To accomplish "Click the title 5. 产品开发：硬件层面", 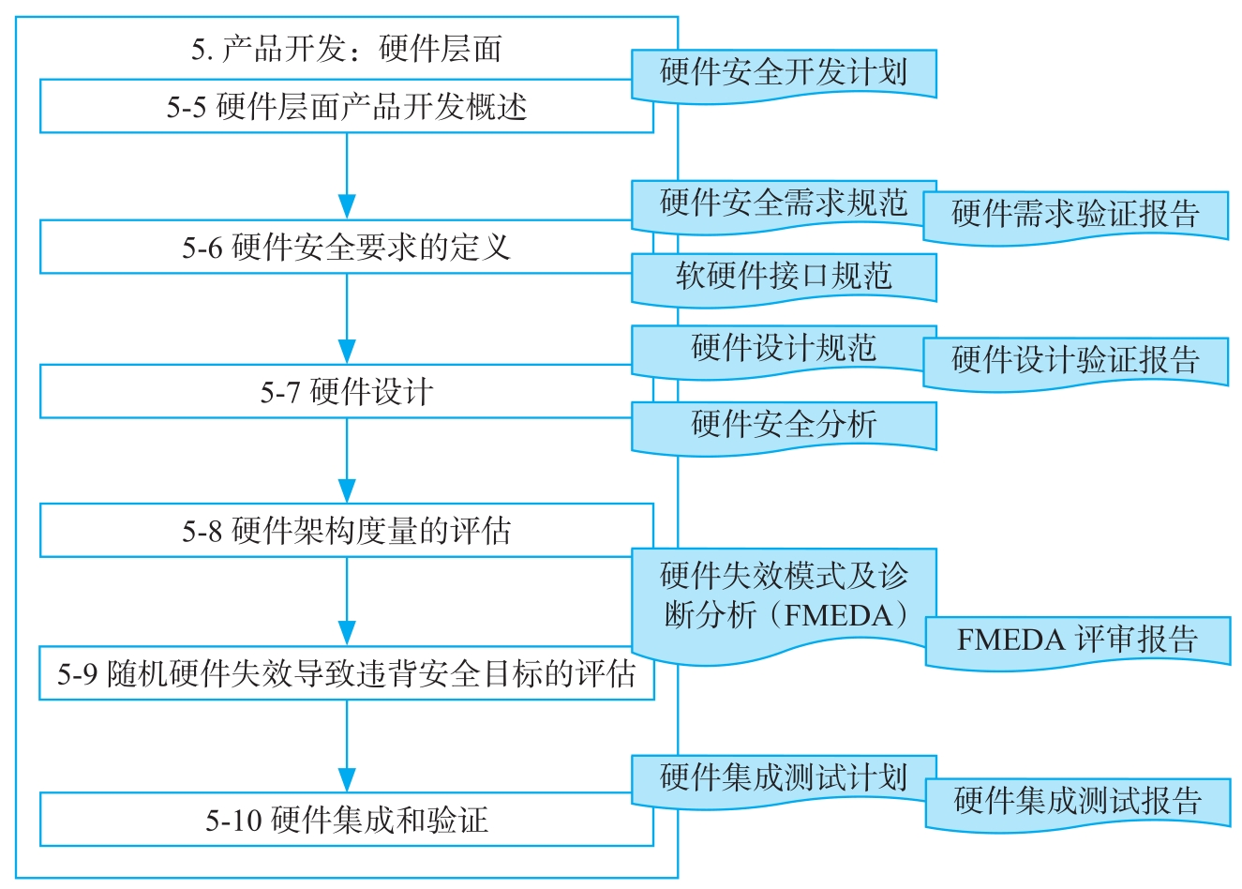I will (346, 49).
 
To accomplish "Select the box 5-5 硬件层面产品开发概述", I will (346, 106).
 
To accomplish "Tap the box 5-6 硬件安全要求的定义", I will (346, 248).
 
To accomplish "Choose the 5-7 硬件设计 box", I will (346, 391).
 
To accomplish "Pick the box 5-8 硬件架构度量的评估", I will (346, 531).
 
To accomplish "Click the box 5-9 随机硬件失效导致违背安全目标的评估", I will (346, 673).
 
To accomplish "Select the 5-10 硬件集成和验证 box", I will (346, 820).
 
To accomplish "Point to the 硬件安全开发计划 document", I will (783, 72).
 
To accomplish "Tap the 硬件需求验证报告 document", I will (1075, 214).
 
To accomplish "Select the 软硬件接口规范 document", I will (783, 276).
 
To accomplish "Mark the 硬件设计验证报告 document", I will (1075, 359).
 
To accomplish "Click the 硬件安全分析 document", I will (783, 424).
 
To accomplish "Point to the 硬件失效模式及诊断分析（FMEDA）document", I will (783, 596).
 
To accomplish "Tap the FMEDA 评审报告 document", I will (1077, 640).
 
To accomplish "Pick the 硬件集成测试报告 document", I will (1077, 801).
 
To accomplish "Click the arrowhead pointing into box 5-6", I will (347, 206).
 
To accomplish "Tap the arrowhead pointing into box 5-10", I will (347, 779).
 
